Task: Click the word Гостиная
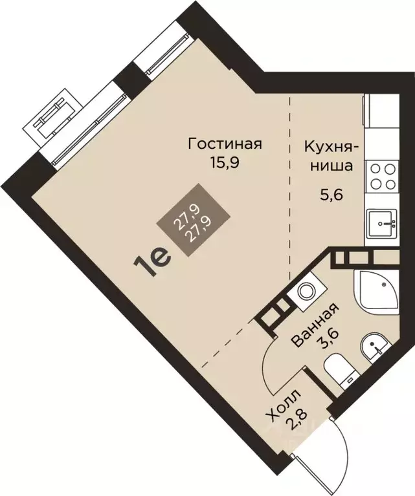click(x=225, y=144)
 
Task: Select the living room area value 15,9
click(x=225, y=162)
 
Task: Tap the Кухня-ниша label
click(x=328, y=155)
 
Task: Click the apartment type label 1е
click(x=152, y=265)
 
